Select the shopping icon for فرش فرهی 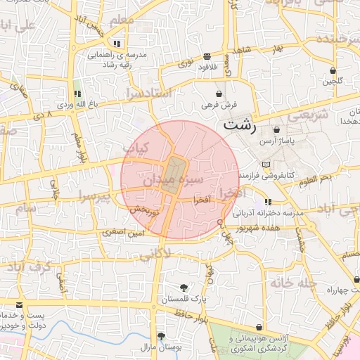(219, 94)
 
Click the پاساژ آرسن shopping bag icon (276, 129)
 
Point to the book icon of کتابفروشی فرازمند (264, 164)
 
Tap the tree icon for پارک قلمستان (184, 287)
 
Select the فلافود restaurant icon (206, 56)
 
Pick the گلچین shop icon (332, 70)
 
